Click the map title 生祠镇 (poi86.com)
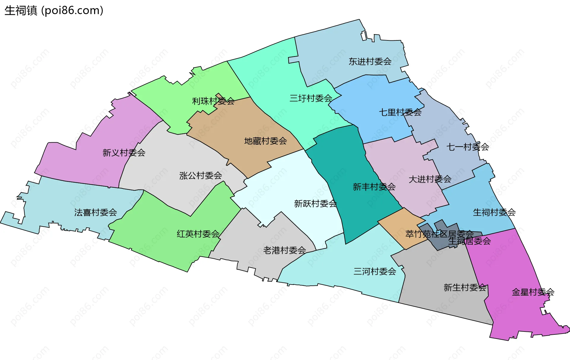click(x=54, y=11)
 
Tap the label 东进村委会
click(x=370, y=61)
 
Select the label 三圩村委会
click(x=311, y=98)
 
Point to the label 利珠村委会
click(x=213, y=101)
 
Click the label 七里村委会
click(x=400, y=112)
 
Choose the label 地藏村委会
click(x=265, y=141)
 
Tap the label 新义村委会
click(x=124, y=153)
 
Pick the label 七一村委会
click(x=468, y=147)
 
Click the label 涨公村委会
click(x=200, y=176)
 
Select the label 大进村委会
click(x=430, y=179)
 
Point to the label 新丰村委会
click(x=374, y=187)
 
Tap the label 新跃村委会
click(x=315, y=203)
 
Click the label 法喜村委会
click(x=95, y=212)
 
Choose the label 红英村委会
click(x=198, y=234)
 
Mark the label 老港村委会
click(x=284, y=250)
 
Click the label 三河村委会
click(x=375, y=271)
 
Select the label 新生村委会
click(x=465, y=287)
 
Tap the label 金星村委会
click(x=533, y=292)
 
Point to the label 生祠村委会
click(x=494, y=212)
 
